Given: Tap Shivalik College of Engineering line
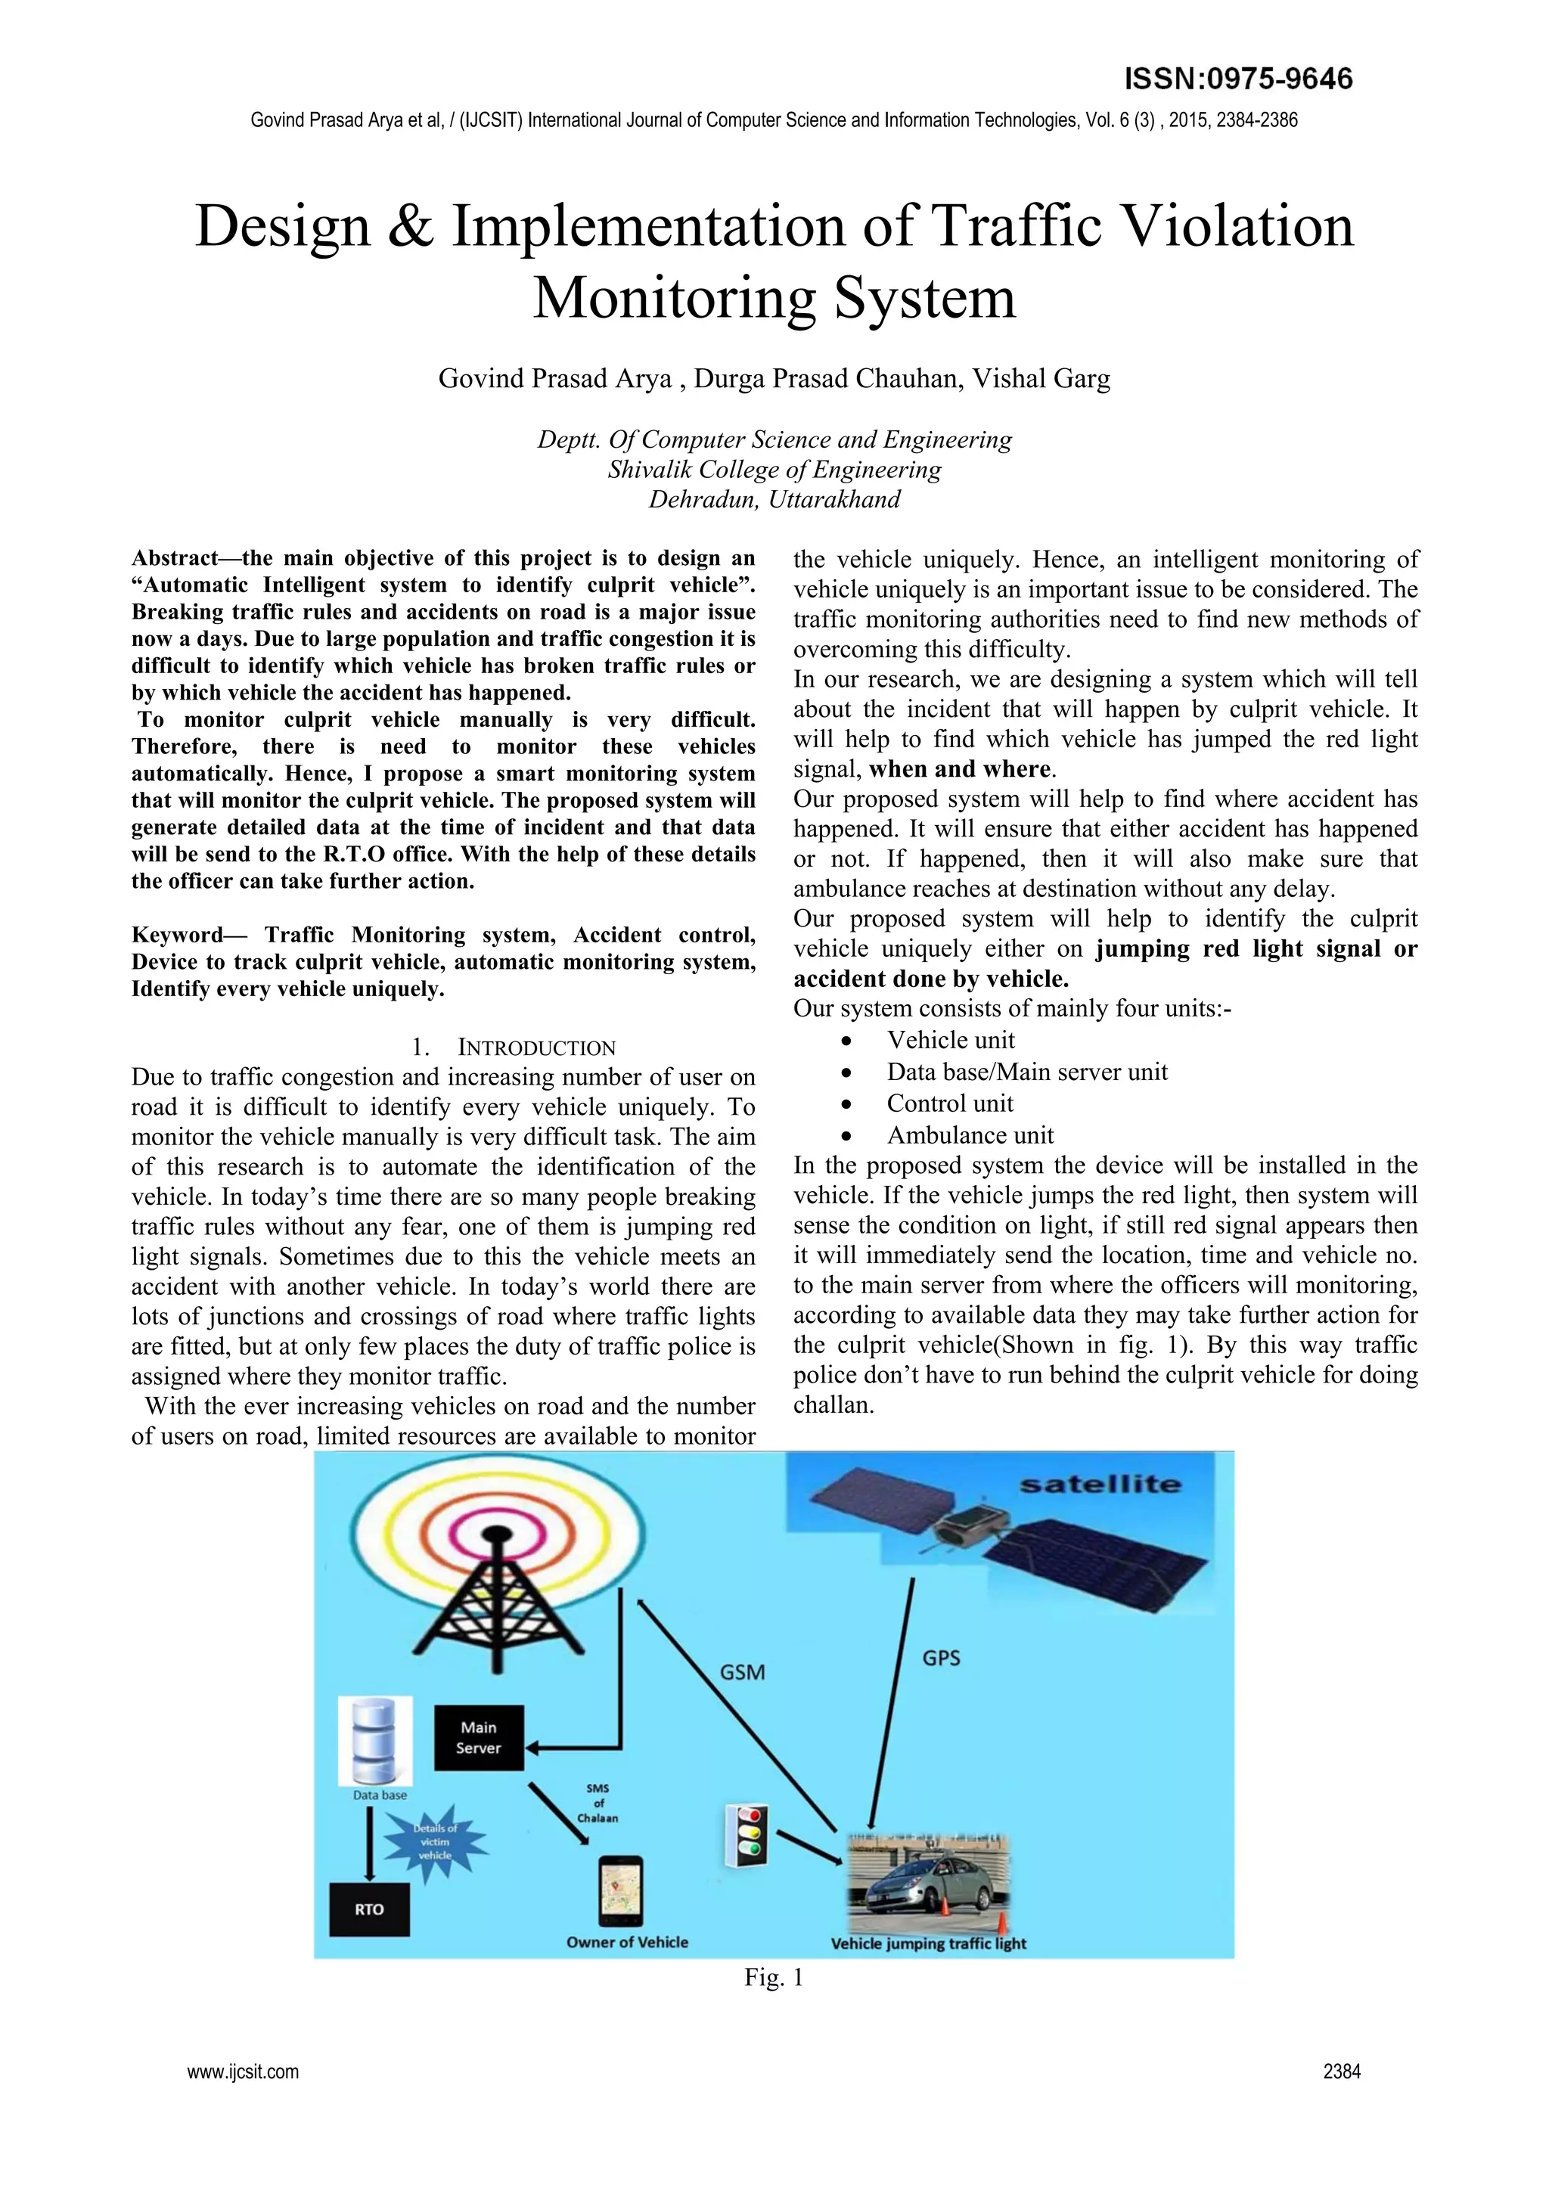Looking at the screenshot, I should [x=774, y=470].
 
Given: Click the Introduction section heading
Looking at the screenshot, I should [x=514, y=1047].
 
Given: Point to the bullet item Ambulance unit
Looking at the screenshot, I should [x=970, y=1134].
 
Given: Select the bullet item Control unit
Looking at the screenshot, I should [x=950, y=1103].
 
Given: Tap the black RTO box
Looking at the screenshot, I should [x=369, y=1910].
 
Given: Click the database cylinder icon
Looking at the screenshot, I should [x=375, y=1740].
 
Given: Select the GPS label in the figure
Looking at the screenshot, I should [x=941, y=1658].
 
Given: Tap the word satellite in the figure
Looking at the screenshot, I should [x=1100, y=1484].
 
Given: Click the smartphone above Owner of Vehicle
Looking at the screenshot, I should [x=620, y=1891].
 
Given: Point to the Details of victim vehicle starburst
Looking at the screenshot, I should [x=435, y=1842].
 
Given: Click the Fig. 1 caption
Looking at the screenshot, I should [x=774, y=1977].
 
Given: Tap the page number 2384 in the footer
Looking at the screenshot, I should [x=1341, y=2072].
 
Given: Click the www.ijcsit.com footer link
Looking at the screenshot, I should [x=243, y=2072].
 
